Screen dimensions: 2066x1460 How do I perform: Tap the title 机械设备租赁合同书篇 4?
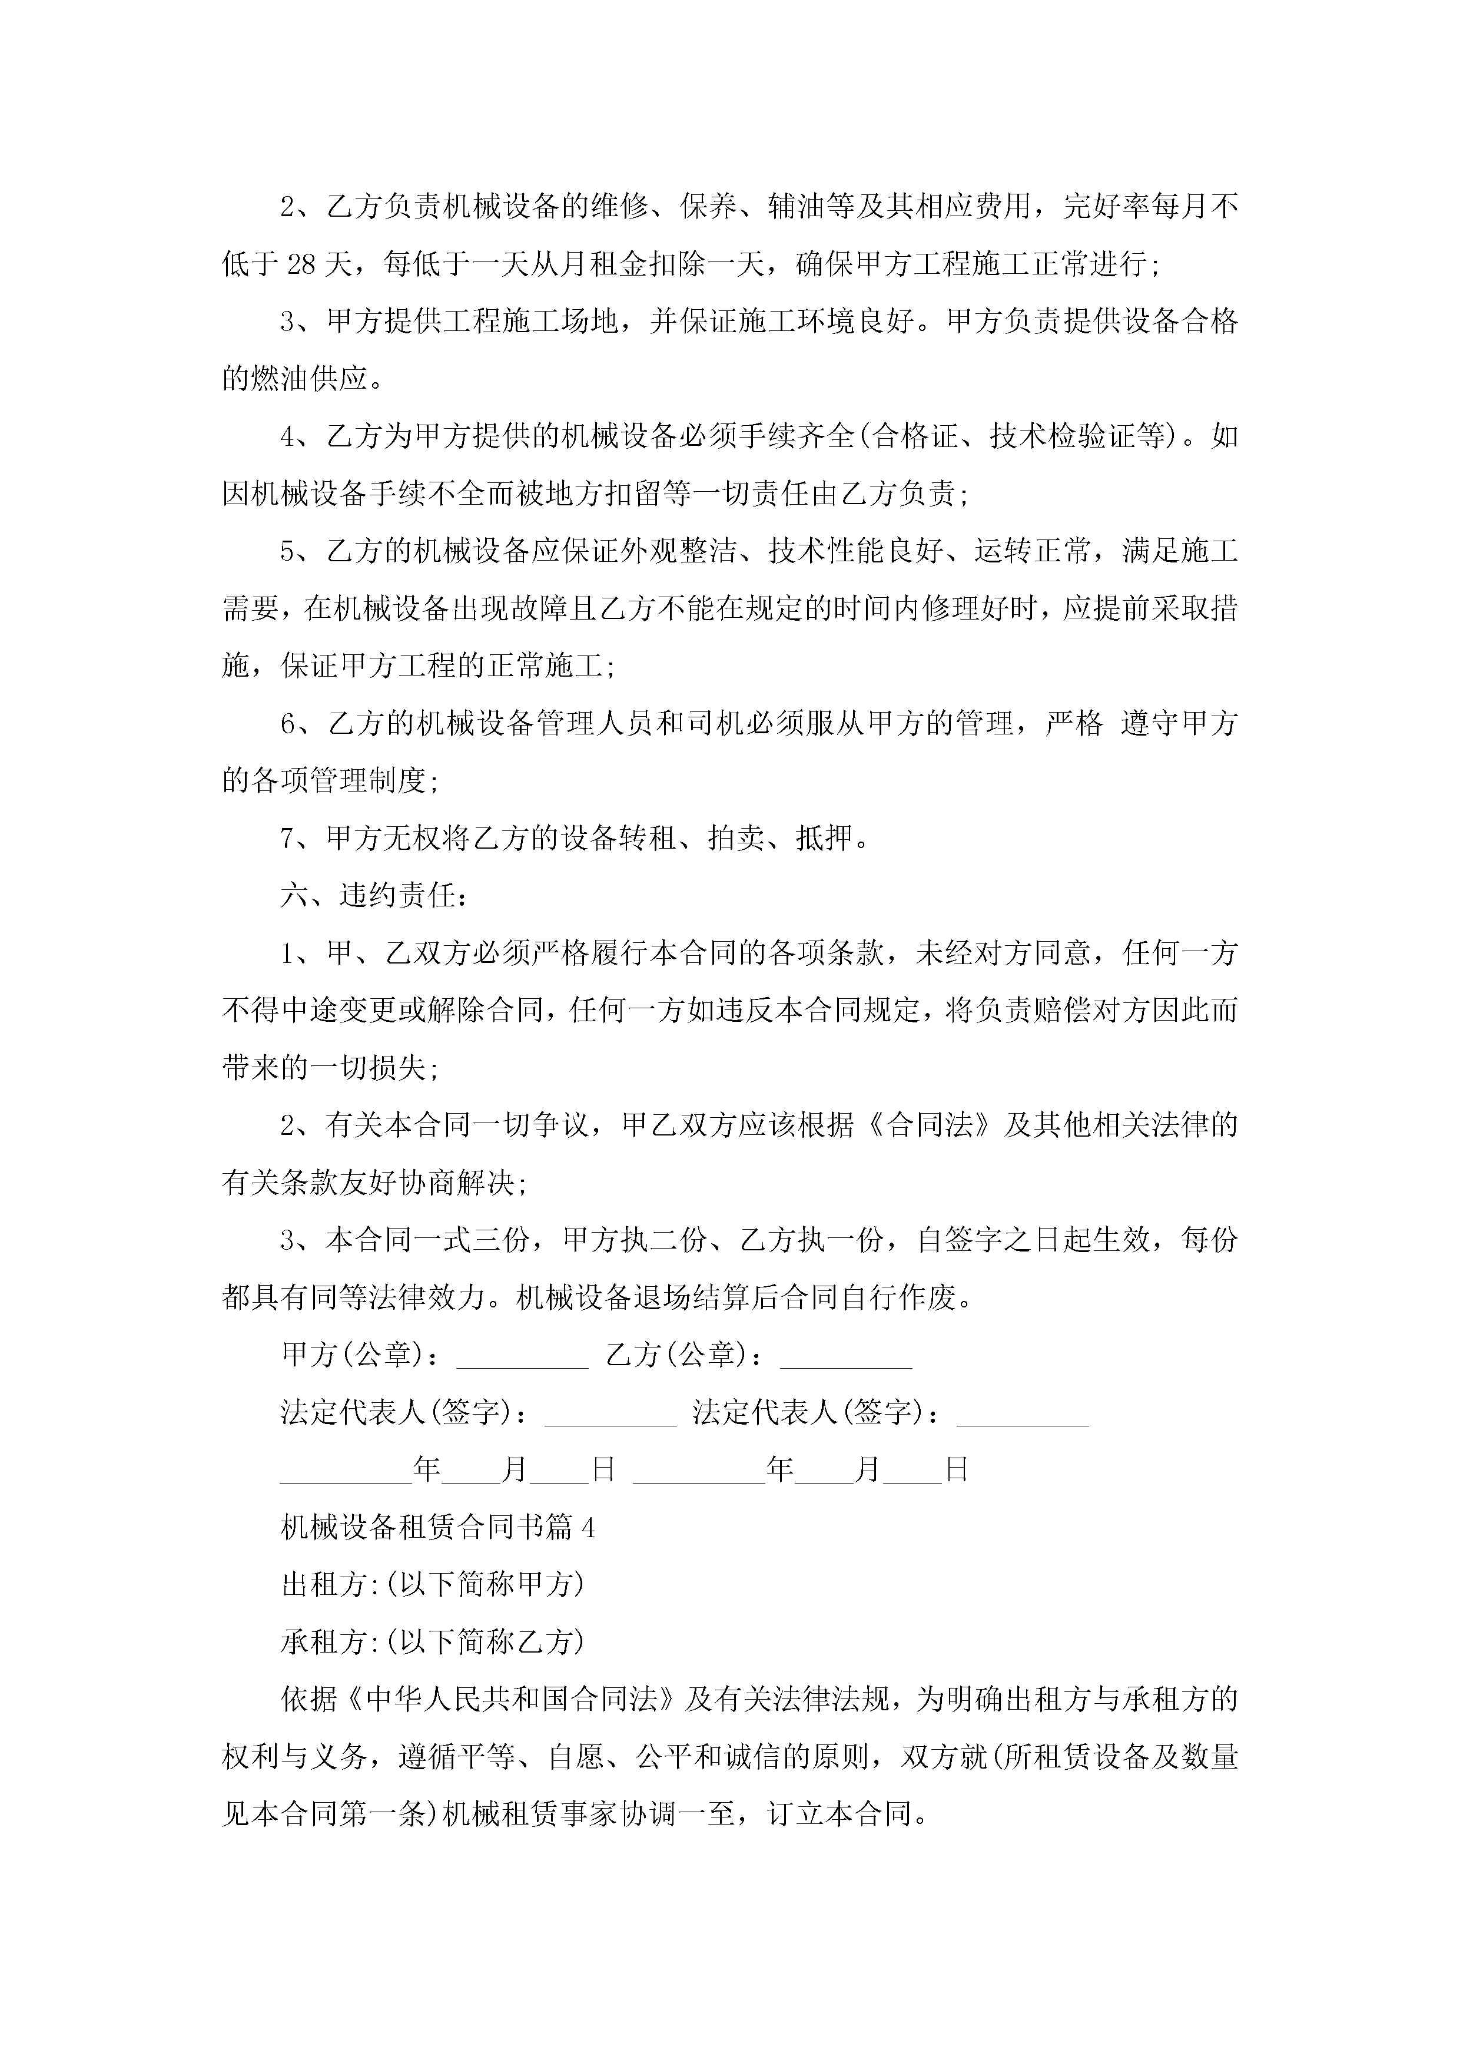437,1527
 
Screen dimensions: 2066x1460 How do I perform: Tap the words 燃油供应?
310,379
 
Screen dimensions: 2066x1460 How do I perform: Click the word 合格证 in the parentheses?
916,436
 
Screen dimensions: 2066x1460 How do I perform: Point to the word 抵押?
824,839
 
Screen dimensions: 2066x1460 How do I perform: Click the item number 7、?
297,839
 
